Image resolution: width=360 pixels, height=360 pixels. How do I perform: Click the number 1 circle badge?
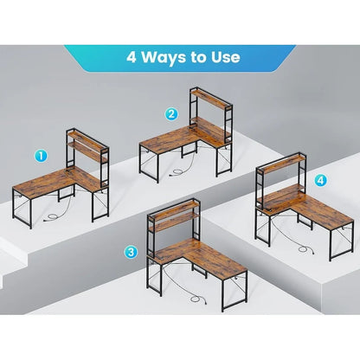point(41,156)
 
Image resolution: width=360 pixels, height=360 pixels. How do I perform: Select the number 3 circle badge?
point(131,252)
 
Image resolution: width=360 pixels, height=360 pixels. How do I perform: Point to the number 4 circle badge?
point(321,181)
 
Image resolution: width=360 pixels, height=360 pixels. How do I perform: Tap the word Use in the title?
point(222,59)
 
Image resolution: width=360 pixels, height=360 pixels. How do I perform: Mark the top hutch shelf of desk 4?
point(279,164)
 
